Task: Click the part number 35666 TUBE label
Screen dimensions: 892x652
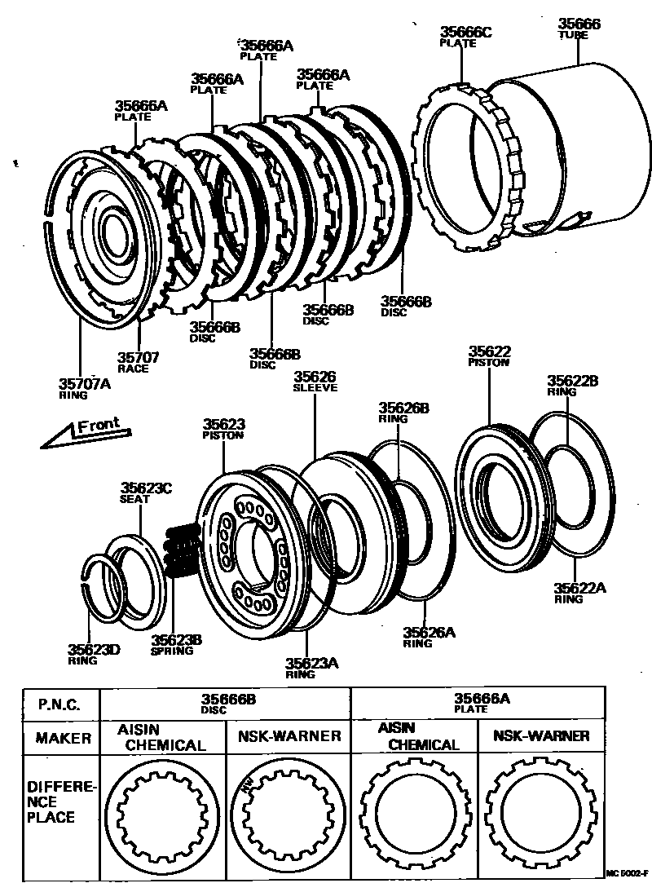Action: (579, 29)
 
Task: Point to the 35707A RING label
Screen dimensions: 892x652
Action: (84, 387)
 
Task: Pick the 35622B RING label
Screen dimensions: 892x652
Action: (572, 385)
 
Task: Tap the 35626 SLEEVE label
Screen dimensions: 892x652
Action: (315, 382)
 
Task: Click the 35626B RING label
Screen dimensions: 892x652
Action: (403, 412)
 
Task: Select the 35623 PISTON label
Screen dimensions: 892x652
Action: (223, 429)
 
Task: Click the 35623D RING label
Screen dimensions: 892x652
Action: (94, 654)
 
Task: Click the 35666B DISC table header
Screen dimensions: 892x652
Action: (229, 702)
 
